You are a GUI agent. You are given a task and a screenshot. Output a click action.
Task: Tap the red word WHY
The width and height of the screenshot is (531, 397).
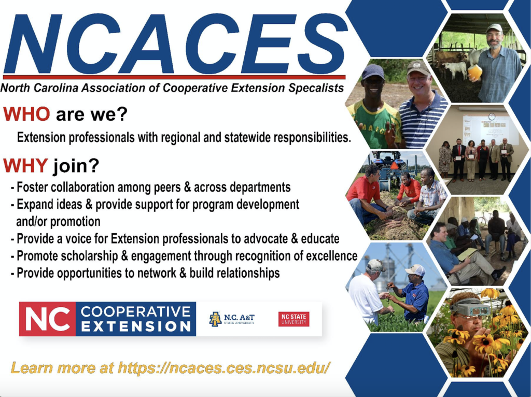[26, 165]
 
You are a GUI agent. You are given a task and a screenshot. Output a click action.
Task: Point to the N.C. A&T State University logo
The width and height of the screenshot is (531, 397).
[232, 319]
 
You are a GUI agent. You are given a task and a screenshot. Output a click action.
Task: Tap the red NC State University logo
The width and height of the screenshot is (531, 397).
[294, 319]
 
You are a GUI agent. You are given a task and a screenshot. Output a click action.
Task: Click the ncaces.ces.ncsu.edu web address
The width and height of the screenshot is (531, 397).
[224, 367]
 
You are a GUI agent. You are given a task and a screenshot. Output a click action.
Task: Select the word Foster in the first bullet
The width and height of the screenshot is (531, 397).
[32, 187]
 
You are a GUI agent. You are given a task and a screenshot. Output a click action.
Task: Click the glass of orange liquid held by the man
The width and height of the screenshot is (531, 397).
[475, 73]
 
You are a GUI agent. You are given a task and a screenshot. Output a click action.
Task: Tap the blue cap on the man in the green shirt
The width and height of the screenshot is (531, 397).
[373, 71]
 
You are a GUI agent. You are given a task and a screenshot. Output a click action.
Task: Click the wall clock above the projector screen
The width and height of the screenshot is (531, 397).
[492, 116]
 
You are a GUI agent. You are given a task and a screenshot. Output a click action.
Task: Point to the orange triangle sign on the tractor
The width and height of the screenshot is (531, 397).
[395, 165]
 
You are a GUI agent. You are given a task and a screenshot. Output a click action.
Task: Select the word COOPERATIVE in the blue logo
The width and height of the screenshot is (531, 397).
[136, 311]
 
